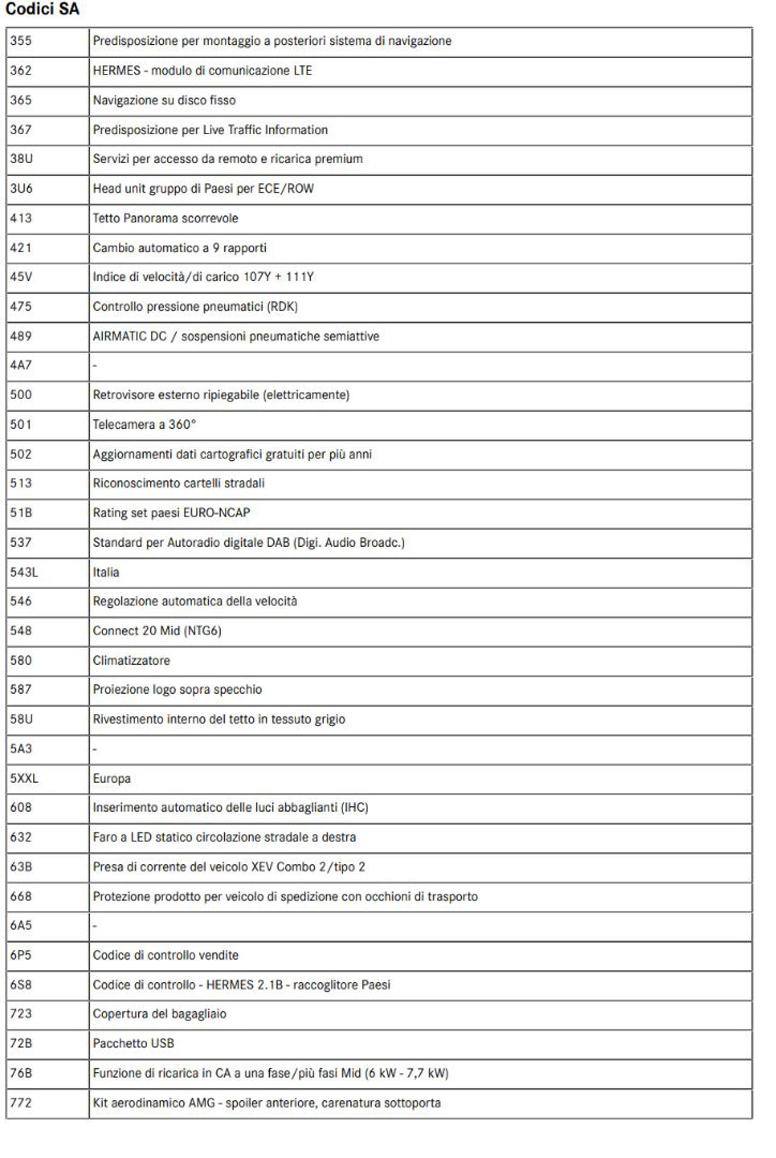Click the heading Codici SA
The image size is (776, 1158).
click(x=42, y=9)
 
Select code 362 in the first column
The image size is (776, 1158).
click(x=21, y=70)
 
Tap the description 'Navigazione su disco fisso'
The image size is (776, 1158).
click(x=164, y=100)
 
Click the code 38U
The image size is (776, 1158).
click(x=21, y=159)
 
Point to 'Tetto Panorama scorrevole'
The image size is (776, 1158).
click(x=165, y=218)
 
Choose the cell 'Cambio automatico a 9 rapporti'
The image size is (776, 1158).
click(x=179, y=247)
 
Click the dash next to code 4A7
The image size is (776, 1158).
click(x=95, y=366)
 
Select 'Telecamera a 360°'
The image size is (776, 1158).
click(x=144, y=425)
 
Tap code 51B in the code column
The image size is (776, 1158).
click(x=21, y=513)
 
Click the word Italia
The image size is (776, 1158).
click(x=105, y=572)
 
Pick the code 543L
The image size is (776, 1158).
click(x=24, y=572)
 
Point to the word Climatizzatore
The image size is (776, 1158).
click(x=131, y=661)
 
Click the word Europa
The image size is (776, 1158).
click(x=112, y=778)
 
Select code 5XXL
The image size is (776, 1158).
click(x=24, y=778)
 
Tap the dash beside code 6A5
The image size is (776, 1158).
click(x=95, y=926)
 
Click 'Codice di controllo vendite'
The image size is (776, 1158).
click(x=166, y=955)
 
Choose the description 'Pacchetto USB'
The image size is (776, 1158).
click(x=133, y=1043)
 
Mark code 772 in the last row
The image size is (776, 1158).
click(x=21, y=1102)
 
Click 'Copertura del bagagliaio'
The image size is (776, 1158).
click(x=159, y=1014)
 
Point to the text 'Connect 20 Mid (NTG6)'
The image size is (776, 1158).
click(x=157, y=631)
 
